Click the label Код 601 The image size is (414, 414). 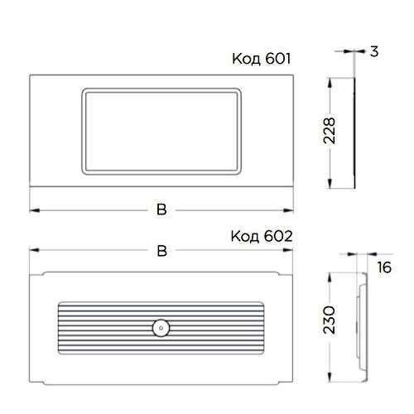coord(262,59)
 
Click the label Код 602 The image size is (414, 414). coord(262,237)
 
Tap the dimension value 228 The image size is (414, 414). coord(330,131)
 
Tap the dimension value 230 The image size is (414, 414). coord(330,320)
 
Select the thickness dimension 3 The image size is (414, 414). coord(374,51)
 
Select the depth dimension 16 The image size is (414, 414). coord(384,267)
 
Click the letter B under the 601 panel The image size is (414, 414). coord(161,209)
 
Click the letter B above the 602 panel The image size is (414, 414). coord(162,251)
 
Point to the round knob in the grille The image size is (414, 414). coord(161,328)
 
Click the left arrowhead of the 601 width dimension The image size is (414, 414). coord(34,210)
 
